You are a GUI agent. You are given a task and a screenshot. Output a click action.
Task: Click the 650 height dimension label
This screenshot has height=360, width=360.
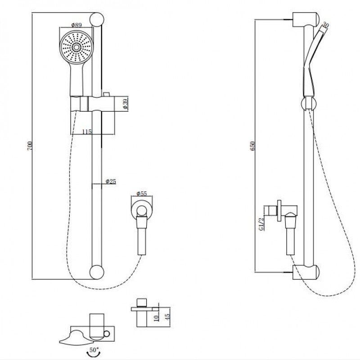point(253,145)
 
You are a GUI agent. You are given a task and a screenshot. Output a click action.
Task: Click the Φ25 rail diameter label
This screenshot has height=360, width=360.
point(111,181)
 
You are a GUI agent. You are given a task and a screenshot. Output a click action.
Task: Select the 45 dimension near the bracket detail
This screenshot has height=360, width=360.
point(167,315)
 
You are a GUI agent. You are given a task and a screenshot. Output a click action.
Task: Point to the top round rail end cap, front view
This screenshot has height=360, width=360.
point(96,19)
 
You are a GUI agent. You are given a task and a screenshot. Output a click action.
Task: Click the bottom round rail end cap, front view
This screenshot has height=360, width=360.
point(96,272)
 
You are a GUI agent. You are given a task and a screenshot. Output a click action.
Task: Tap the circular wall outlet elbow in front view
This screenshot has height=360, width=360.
point(142,211)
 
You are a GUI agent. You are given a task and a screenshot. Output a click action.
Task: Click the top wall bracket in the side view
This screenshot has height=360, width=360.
point(306,20)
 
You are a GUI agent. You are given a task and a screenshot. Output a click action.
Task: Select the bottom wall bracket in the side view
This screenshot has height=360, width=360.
point(306,271)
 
